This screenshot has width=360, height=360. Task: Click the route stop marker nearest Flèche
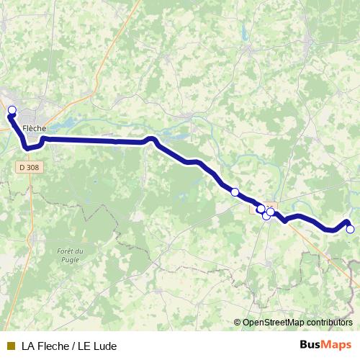(12, 110)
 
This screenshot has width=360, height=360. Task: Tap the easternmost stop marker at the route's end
(351, 230)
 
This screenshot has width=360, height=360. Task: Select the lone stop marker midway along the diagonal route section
(235, 192)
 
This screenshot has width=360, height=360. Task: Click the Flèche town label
(34, 129)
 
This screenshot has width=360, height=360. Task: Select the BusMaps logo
(325, 345)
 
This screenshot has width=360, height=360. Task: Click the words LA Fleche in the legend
(45, 346)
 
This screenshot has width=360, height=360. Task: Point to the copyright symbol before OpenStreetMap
(238, 323)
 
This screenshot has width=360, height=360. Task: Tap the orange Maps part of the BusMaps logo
(336, 345)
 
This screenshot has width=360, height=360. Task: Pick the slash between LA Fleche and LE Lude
(72, 346)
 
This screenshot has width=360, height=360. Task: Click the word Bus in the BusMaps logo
(310, 345)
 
